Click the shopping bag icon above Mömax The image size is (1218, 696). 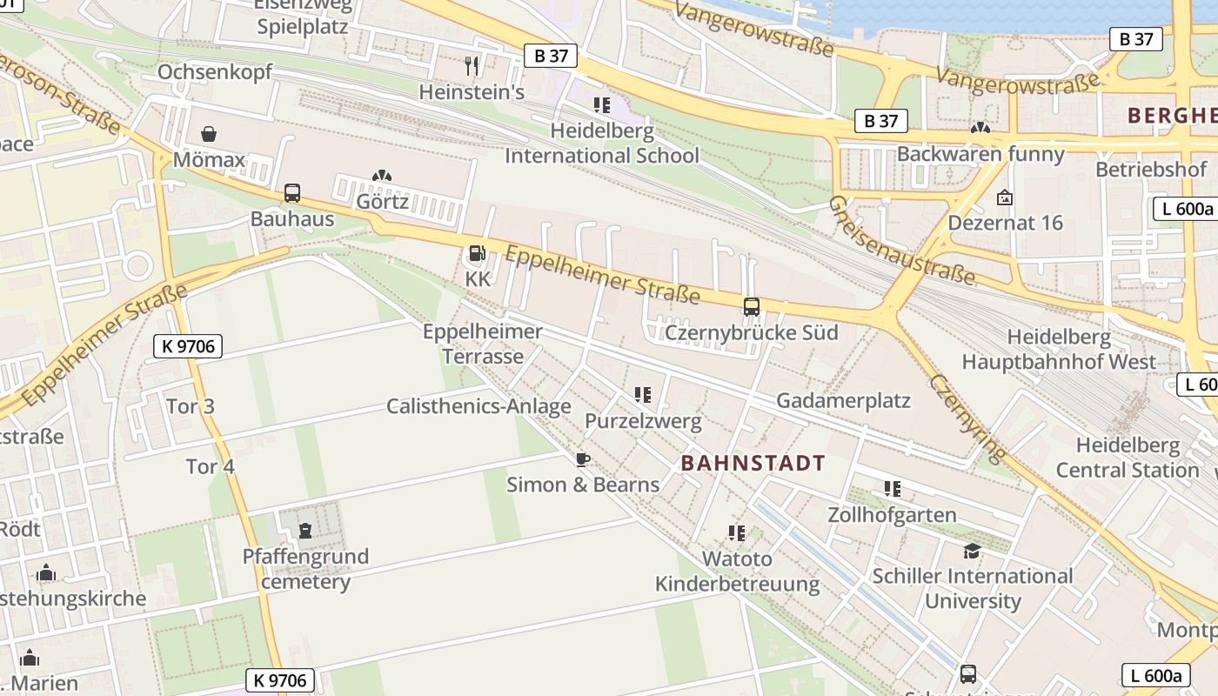[209, 134]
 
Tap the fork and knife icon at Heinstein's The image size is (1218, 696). [472, 65]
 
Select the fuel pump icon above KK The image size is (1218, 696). [477, 253]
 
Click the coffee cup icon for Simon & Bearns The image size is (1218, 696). [583, 459]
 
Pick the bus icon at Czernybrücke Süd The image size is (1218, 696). [751, 306]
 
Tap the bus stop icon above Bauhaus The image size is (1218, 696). [292, 193]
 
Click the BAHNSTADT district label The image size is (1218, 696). [753, 463]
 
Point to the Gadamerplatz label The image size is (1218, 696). [843, 400]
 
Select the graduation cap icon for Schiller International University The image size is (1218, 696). [972, 551]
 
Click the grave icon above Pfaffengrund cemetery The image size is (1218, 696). [305, 530]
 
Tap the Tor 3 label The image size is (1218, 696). [190, 406]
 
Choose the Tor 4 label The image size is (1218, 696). [211, 466]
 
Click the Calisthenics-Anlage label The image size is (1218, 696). [478, 406]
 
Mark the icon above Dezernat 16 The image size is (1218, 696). [1005, 197]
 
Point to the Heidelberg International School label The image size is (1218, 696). [602, 144]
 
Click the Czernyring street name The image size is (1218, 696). [967, 418]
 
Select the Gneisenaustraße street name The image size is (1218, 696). [900, 240]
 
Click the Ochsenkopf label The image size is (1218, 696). [215, 72]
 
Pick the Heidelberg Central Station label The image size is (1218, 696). [1128, 458]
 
